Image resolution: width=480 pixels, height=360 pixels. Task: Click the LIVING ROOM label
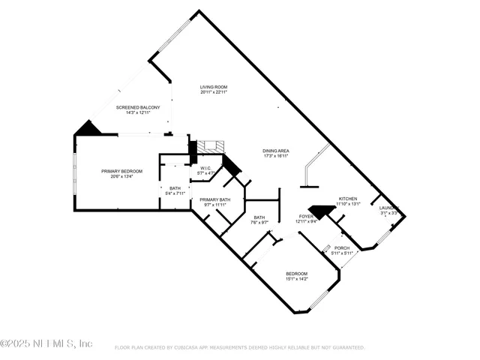(214, 87)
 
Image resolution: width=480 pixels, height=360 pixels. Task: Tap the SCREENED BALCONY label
(138, 107)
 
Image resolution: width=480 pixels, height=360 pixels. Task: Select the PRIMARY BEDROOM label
(121, 171)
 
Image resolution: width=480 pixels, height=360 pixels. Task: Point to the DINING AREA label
(276, 151)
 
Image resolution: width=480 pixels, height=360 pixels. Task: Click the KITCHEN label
(347, 198)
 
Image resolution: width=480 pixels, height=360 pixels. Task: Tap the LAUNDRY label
(388, 208)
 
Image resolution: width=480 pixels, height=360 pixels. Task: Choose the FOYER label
(306, 216)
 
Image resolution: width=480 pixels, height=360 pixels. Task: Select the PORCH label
(341, 248)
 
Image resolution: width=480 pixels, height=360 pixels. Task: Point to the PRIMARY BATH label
(214, 199)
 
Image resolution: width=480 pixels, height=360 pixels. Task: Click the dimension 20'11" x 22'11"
(214, 92)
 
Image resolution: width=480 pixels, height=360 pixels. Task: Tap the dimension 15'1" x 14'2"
(296, 279)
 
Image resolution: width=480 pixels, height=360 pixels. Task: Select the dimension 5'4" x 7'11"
(175, 193)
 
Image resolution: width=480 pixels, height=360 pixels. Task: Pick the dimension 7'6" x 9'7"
(259, 223)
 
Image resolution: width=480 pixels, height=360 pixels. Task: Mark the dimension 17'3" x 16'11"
(276, 156)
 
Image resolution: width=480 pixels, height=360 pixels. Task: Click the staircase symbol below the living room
(206, 148)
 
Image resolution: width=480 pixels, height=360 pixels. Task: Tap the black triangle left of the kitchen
(321, 212)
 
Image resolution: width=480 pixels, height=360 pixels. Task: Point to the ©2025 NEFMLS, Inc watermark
(46, 343)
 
